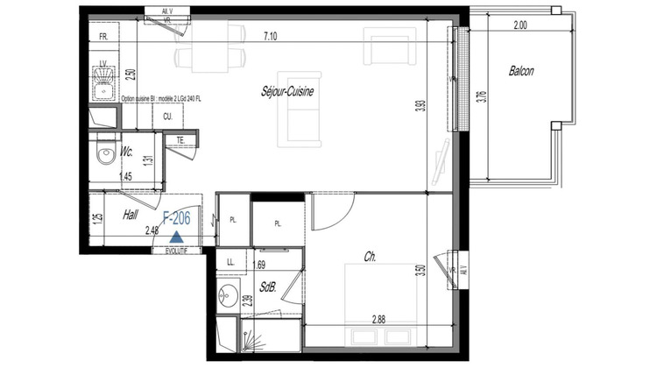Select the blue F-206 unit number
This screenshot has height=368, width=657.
click(178, 220)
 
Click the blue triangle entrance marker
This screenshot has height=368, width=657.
click(177, 235)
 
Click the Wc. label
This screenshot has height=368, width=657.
click(127, 152)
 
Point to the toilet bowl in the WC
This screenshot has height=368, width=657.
click(105, 156)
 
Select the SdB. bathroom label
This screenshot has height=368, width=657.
click(267, 285)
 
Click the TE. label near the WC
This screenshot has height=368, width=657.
click(180, 138)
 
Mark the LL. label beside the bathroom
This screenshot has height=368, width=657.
click(230, 262)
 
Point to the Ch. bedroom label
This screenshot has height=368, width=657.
click(371, 257)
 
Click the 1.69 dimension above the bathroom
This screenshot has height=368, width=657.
click(258, 263)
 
